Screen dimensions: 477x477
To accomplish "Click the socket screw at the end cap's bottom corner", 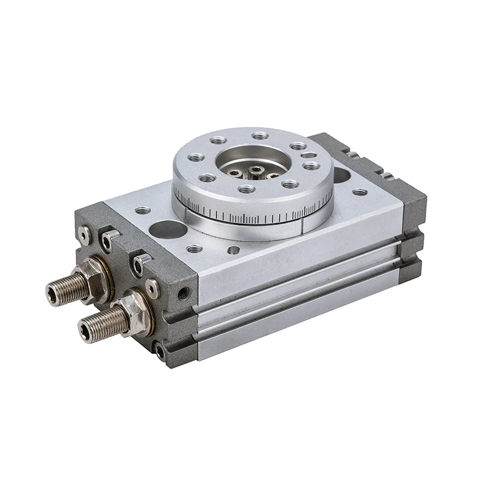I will click(x=160, y=351).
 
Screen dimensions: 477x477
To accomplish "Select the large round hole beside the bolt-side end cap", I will click(x=169, y=229).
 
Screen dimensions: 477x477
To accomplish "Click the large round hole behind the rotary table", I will click(x=341, y=175).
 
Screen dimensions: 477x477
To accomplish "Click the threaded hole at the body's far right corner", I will click(x=360, y=192).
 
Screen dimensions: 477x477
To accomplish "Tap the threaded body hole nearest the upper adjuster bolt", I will click(x=142, y=210).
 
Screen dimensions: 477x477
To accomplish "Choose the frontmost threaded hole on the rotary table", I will click(x=246, y=189).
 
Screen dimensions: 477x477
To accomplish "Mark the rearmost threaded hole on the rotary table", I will click(x=260, y=136).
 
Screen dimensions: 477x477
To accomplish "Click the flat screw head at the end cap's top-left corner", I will click(x=85, y=236).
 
